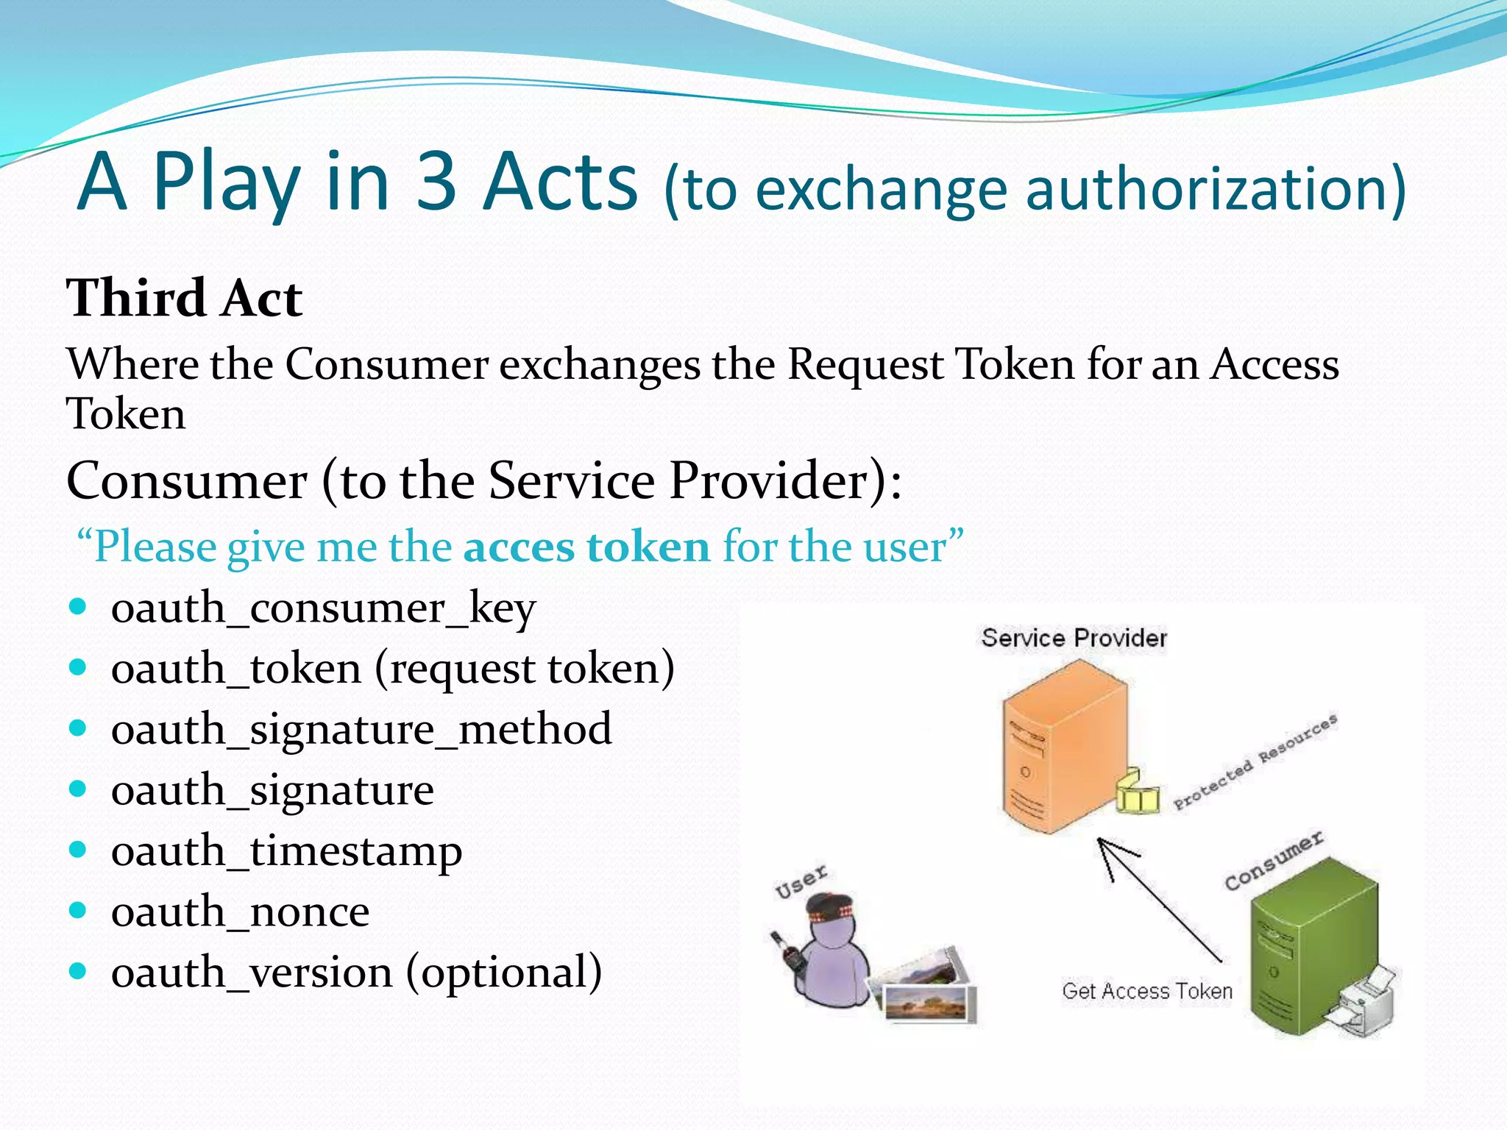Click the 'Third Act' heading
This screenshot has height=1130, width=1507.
click(184, 298)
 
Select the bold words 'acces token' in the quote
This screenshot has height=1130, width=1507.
click(586, 547)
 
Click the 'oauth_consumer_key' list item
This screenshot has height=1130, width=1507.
click(323, 608)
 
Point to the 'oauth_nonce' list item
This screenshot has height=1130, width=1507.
click(240, 912)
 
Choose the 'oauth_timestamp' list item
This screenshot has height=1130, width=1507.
click(286, 851)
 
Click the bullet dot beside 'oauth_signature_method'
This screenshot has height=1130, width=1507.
click(77, 728)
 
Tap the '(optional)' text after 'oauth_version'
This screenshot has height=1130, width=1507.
click(504, 973)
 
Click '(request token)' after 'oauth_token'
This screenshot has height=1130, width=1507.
click(525, 669)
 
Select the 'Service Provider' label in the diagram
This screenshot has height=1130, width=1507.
click(1074, 638)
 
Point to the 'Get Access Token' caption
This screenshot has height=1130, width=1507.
click(1146, 991)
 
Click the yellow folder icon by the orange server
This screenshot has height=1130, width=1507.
click(1137, 793)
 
